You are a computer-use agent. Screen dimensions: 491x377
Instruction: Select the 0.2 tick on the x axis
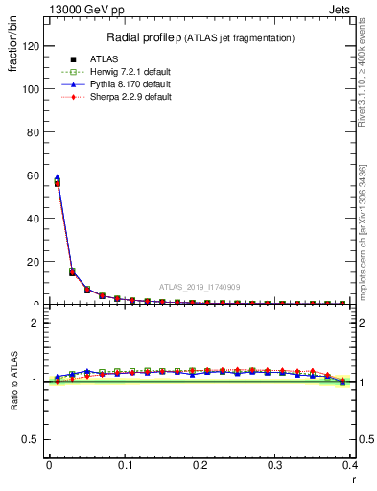pos(199,466)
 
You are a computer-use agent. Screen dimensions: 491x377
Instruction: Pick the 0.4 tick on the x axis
pos(349,466)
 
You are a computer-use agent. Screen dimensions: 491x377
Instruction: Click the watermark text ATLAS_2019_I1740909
pos(199,287)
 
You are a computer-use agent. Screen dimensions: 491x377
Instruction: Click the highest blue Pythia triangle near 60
pos(57,177)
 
